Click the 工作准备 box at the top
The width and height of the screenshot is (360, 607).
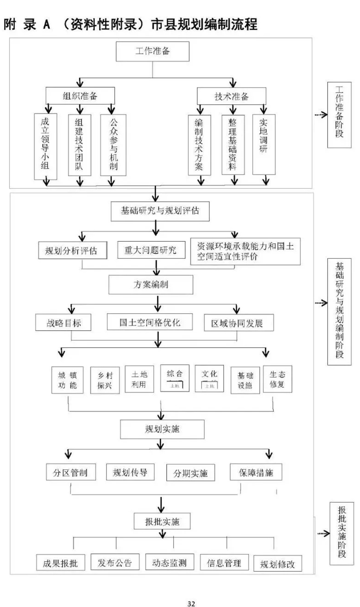[152, 51]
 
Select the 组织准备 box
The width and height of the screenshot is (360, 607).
[80, 96]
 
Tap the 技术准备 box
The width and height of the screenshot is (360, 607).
[231, 96]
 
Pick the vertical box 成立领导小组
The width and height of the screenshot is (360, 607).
[45, 145]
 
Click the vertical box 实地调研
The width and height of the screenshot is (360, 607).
[264, 144]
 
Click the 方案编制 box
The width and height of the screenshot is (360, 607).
[150, 285]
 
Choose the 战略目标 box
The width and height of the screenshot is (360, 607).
[63, 322]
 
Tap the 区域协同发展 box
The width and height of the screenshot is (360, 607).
[239, 322]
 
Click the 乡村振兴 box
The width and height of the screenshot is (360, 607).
[105, 379]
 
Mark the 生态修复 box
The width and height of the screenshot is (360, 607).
[277, 379]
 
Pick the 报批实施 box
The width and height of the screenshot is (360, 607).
[162, 521]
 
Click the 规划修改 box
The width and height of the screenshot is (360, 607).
[278, 564]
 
